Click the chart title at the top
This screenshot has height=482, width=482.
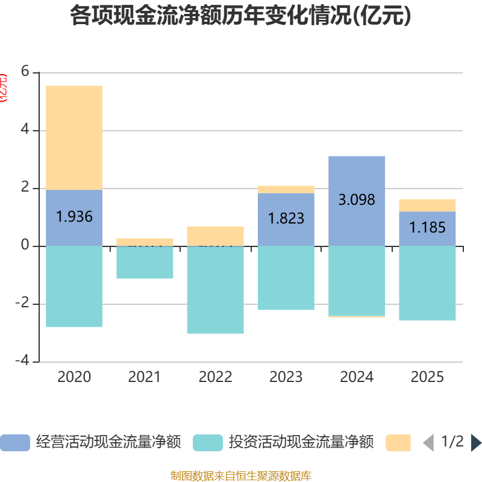240,16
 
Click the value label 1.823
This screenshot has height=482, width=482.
286,218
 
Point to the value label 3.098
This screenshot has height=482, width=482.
357,199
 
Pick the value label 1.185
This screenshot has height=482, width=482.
427,228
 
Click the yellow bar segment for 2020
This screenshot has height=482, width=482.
74,137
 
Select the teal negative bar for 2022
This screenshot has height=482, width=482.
215,289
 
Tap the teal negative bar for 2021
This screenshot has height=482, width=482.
145,262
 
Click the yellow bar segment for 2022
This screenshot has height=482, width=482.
215,236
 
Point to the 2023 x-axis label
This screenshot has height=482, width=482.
286,377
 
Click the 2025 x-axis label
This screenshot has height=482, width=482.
427,377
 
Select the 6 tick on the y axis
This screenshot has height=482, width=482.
25,71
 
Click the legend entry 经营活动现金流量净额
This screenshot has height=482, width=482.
90,442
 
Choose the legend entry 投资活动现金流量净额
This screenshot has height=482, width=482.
283,442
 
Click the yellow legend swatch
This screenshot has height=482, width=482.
398,442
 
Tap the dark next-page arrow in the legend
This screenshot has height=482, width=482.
476,442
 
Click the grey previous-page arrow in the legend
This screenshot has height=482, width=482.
428,442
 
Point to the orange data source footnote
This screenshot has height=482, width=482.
240,475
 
